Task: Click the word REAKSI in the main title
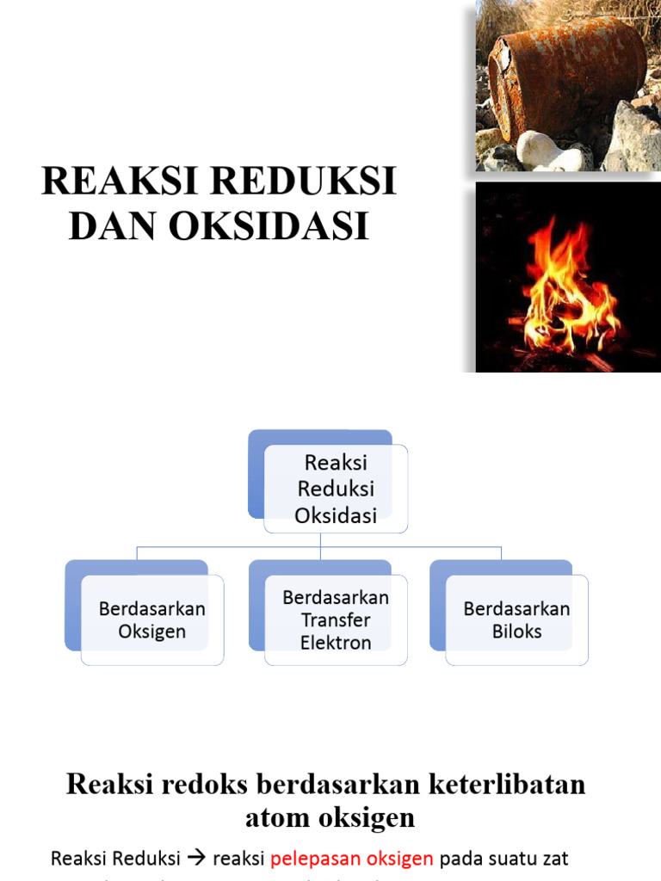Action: (111, 182)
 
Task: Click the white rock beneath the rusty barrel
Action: (546, 150)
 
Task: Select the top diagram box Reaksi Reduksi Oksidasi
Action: (336, 489)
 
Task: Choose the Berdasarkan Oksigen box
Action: (152, 620)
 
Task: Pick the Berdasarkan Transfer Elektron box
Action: (336, 620)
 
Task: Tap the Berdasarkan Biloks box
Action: (516, 620)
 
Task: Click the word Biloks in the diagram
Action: (516, 632)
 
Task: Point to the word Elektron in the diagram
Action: (336, 643)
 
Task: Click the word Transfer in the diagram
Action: (336, 620)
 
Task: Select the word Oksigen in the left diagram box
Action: (152, 632)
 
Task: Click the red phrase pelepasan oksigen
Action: (352, 859)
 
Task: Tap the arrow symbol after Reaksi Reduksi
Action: (197, 859)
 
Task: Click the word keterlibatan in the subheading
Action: (503, 785)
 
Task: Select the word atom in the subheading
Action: (275, 817)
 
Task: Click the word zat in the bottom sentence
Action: (554, 859)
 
